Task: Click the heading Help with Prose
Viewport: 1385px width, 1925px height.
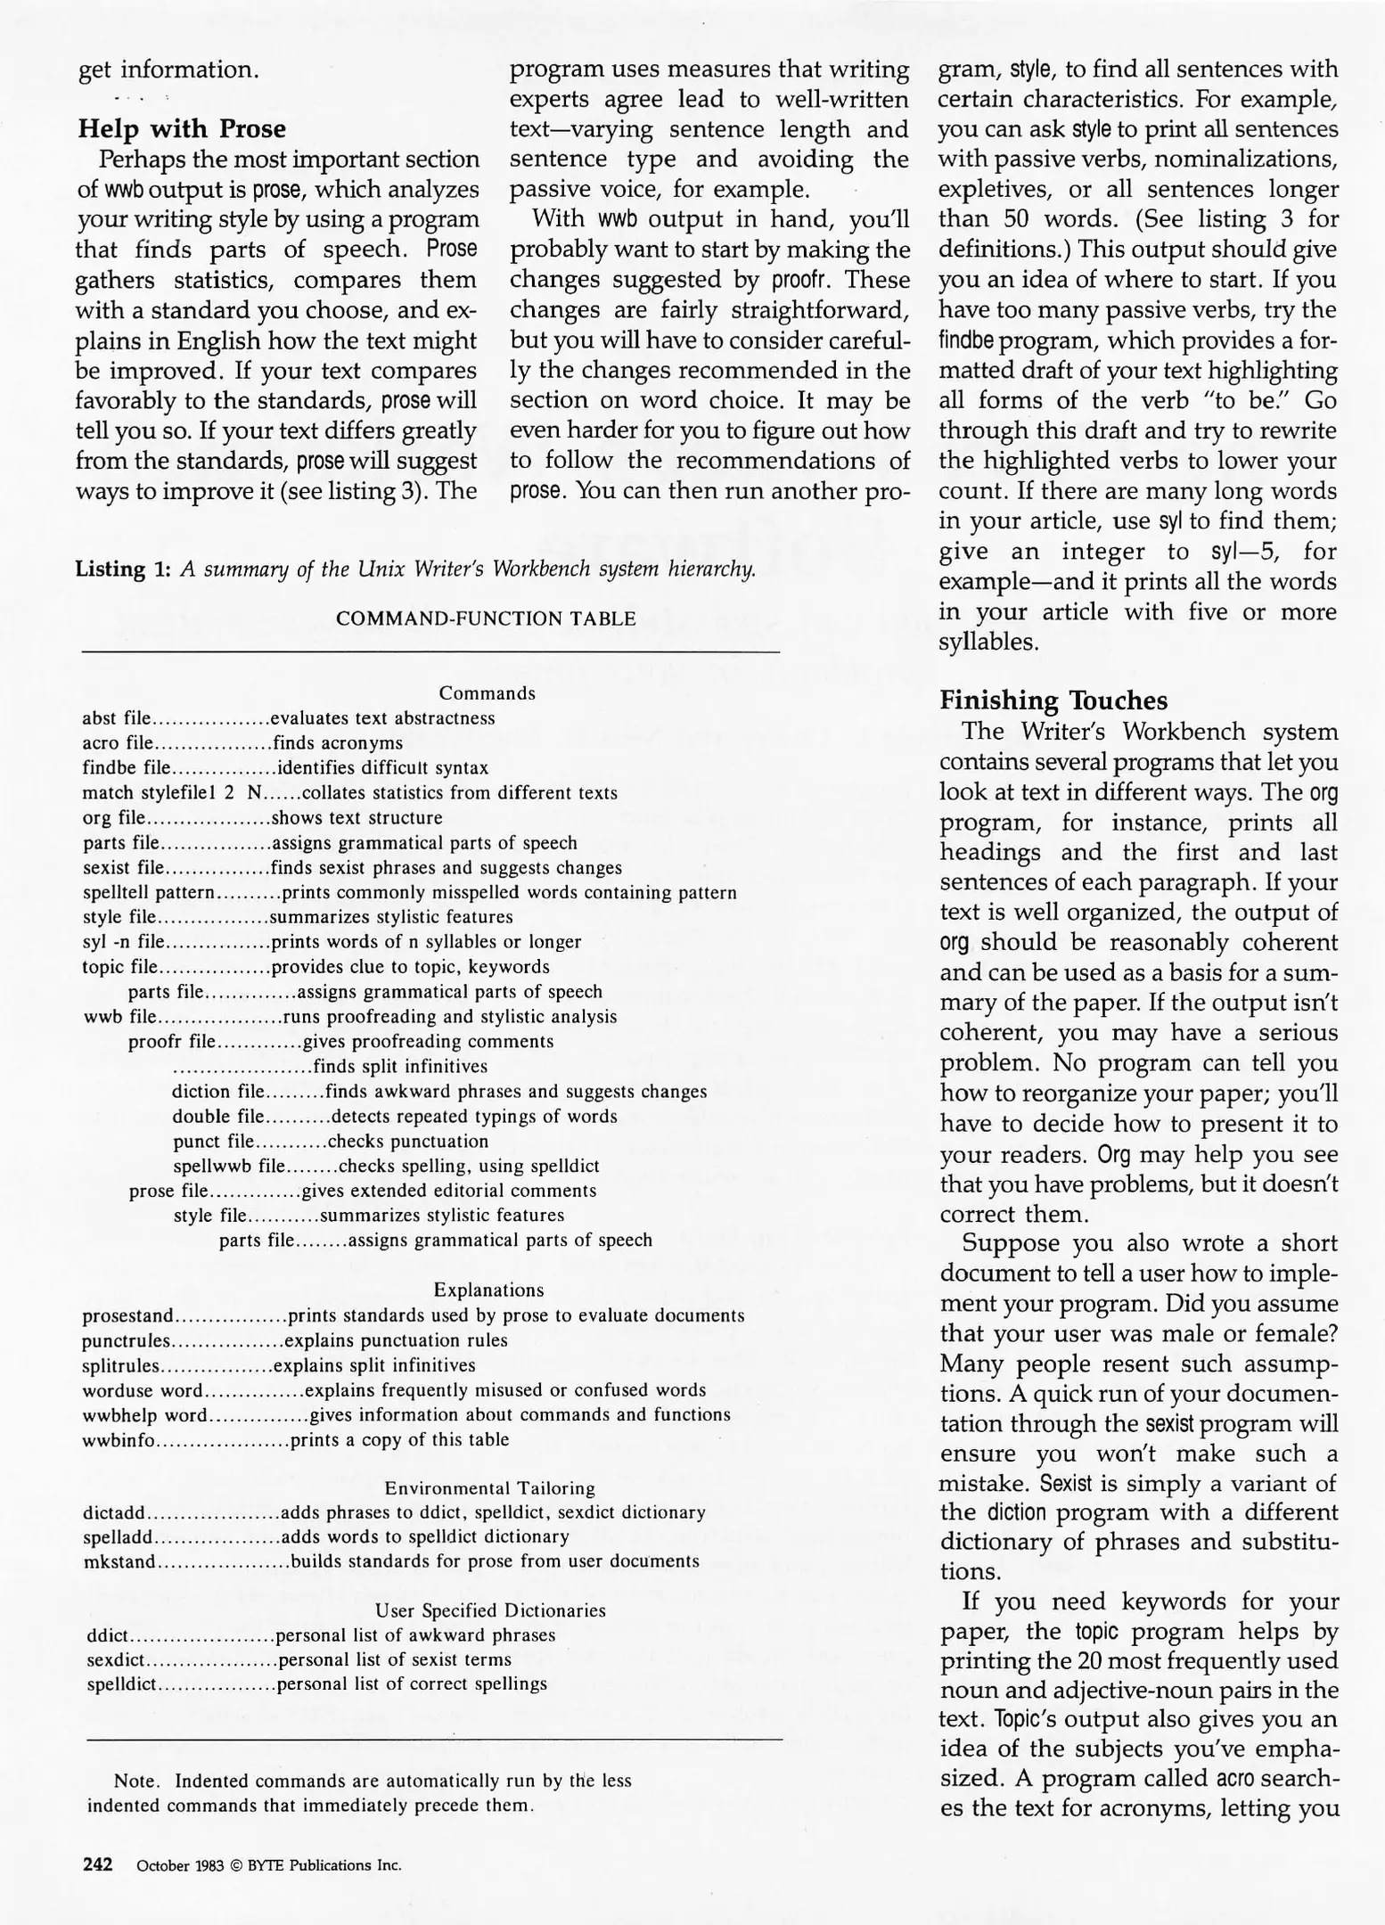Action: tap(182, 129)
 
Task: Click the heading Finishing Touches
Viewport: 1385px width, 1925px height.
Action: tap(1053, 700)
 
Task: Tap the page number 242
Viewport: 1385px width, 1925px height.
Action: tap(97, 1864)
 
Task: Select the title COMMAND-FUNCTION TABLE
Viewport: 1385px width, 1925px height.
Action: tap(486, 618)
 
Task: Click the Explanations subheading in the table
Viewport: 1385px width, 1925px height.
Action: tap(488, 1290)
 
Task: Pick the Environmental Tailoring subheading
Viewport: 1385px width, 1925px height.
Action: tap(489, 1488)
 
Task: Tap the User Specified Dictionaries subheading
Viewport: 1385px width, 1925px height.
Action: tap(490, 1610)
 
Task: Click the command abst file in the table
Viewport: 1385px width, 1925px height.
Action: tap(117, 718)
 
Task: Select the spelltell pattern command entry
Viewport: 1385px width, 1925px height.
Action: tap(148, 893)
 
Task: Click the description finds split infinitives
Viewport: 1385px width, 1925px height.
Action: tap(400, 1067)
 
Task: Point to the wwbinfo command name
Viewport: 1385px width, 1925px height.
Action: tap(119, 1439)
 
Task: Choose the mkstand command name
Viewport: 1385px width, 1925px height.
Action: tap(119, 1561)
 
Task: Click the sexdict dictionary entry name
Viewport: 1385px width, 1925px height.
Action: tap(115, 1659)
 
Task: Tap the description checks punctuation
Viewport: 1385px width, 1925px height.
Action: tap(408, 1142)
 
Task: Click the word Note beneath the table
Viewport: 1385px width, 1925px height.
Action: tap(135, 1782)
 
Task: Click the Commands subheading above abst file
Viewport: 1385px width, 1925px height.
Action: tap(488, 693)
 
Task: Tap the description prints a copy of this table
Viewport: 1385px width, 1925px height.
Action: tap(400, 1439)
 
